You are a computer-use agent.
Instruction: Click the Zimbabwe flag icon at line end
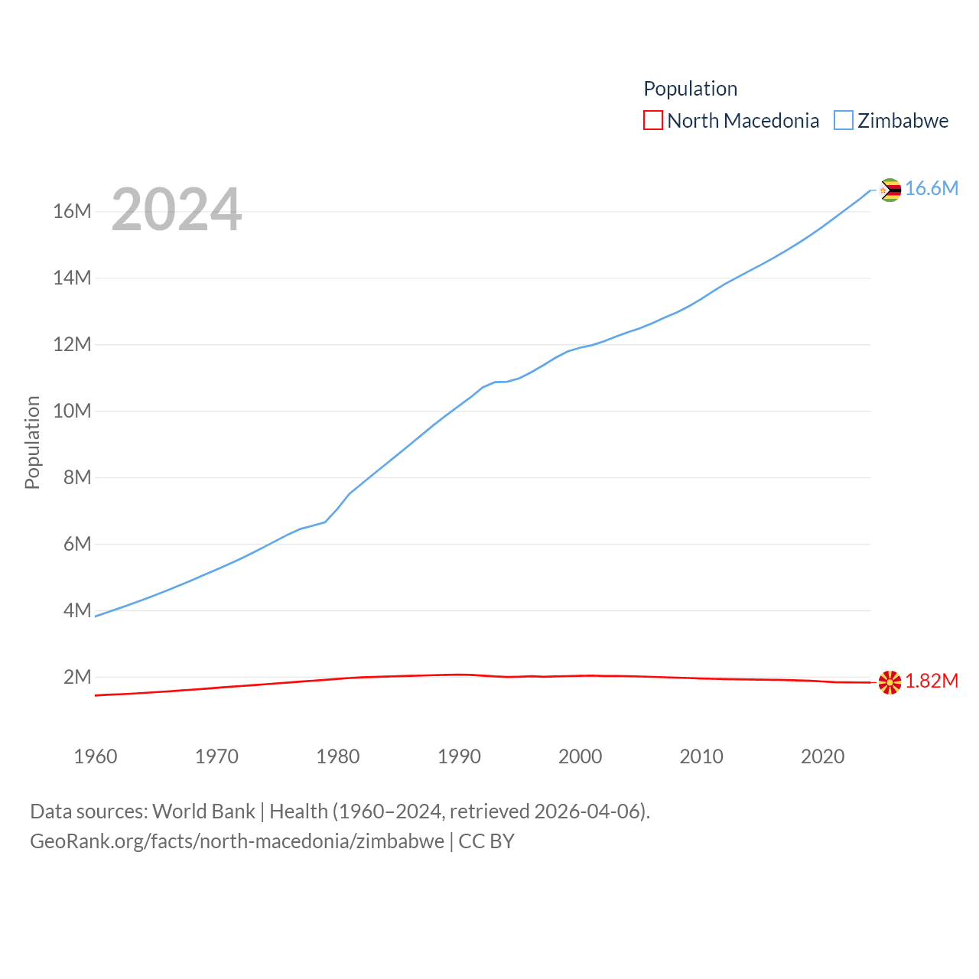tap(890, 190)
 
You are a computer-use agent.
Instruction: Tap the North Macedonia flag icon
tap(890, 682)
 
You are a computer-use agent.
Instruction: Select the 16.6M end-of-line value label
tap(932, 189)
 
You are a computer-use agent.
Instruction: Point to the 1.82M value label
tap(932, 681)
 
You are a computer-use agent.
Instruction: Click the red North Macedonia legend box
tap(653, 121)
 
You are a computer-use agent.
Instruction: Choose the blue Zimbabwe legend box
tap(843, 121)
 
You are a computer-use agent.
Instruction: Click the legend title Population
tap(690, 89)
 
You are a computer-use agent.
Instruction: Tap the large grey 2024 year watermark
tap(177, 210)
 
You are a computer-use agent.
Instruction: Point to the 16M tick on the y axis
tap(72, 211)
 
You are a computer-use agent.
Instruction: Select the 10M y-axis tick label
tap(72, 411)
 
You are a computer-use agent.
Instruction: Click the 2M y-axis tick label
tap(77, 677)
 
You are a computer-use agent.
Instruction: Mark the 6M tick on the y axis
tap(77, 544)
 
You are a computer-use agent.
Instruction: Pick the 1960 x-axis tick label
tap(96, 756)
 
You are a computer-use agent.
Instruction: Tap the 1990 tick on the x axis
tap(459, 756)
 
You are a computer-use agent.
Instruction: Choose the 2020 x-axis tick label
tap(822, 756)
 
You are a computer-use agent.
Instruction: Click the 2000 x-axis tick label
tap(580, 756)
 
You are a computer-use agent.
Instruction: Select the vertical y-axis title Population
tap(32, 442)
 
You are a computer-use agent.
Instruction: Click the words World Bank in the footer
tap(203, 811)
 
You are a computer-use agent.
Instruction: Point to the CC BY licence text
tap(486, 841)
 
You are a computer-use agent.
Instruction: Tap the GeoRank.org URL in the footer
tap(237, 841)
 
